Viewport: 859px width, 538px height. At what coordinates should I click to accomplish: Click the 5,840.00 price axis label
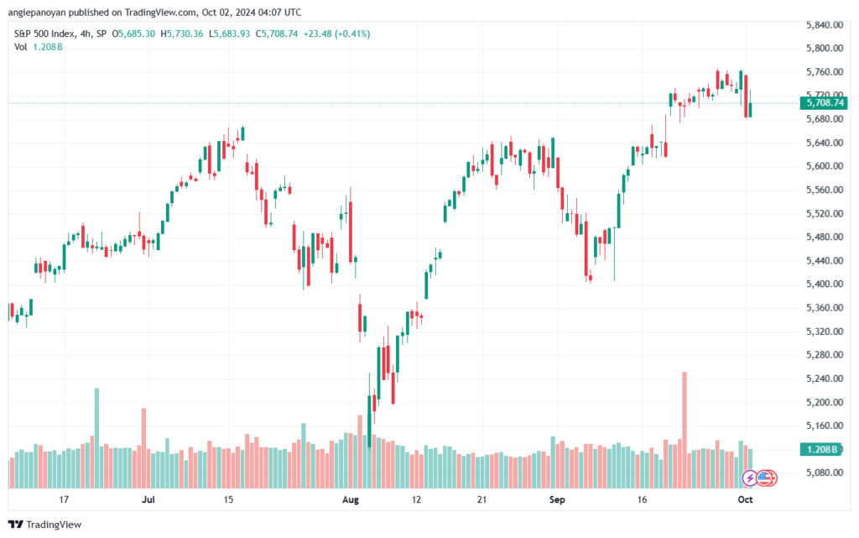coord(822,25)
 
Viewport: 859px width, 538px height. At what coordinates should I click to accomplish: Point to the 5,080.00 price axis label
coord(822,473)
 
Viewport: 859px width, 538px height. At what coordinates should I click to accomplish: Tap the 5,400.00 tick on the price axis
coord(822,285)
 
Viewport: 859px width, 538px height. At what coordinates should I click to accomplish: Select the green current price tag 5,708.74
coord(824,102)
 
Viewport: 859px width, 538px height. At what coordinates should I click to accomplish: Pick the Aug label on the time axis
coord(351,500)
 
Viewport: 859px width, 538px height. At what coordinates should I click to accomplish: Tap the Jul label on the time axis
coord(148,500)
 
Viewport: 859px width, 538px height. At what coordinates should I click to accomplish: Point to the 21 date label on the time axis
coord(482,500)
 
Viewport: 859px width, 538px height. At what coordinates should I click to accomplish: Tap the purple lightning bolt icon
coord(750,478)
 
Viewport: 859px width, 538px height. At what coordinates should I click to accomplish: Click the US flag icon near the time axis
coord(764,478)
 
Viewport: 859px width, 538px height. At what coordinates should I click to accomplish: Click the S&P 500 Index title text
coord(45,34)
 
